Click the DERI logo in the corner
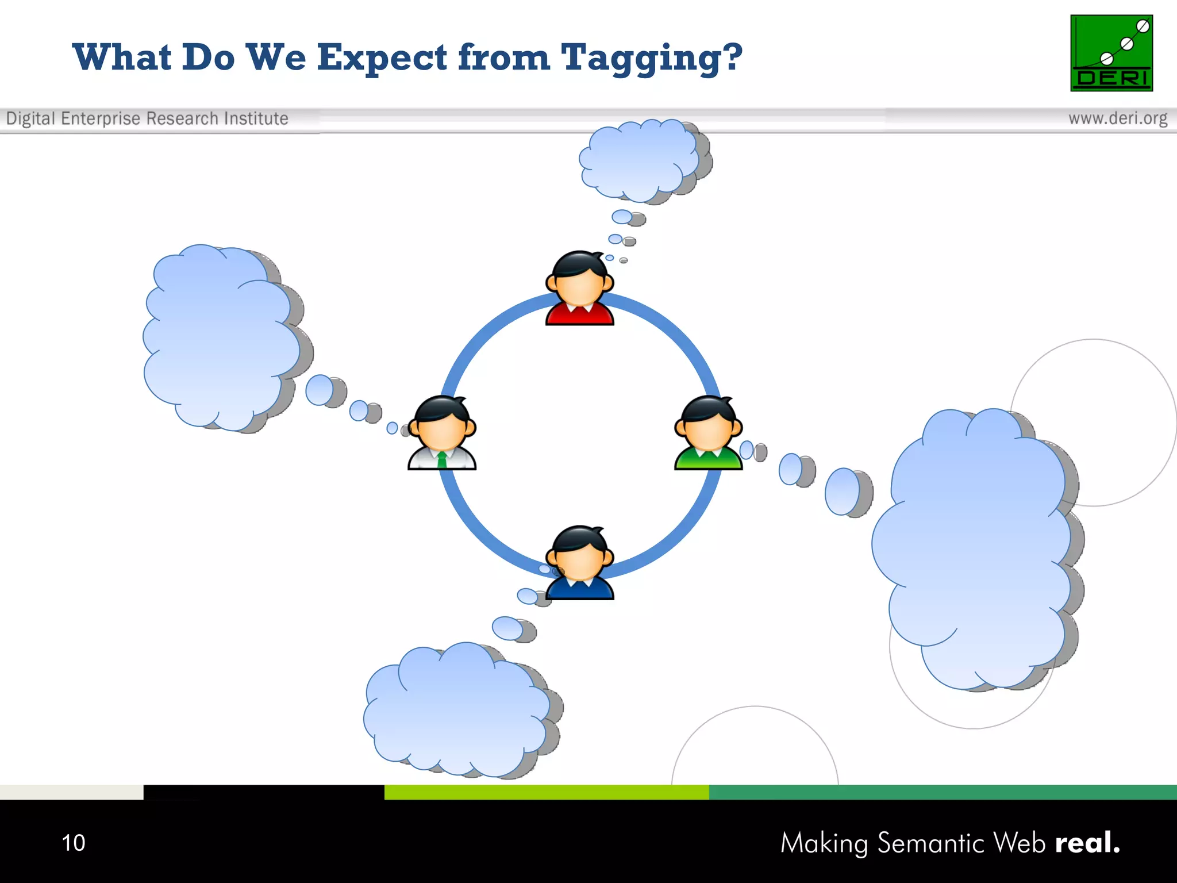1111,53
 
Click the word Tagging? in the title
651,59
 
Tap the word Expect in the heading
382,59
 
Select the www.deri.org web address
1117,118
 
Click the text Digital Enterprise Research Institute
147,118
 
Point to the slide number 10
73,843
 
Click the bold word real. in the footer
1087,843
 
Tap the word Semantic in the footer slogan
931,843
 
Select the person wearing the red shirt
579,289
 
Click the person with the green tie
441,433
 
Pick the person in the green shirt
708,433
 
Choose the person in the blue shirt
579,563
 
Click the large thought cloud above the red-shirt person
639,160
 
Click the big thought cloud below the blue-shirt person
457,710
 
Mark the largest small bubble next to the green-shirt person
843,492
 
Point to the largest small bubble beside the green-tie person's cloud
320,390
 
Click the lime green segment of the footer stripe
546,792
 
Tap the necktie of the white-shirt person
441,460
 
